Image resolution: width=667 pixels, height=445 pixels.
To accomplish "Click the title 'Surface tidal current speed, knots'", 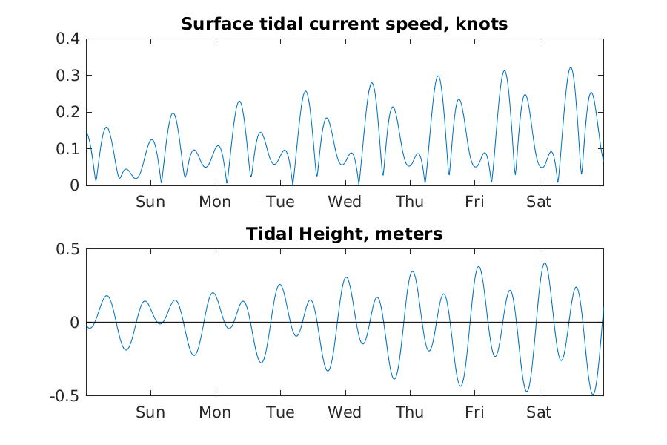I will pos(344,24).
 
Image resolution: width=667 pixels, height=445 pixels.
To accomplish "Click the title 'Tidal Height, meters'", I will pos(344,234).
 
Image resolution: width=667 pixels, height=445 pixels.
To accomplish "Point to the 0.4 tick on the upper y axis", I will pos(67,39).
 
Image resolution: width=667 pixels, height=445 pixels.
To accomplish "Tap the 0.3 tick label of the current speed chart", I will pos(67,76).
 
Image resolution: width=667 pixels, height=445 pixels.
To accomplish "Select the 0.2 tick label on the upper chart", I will pos(67,112).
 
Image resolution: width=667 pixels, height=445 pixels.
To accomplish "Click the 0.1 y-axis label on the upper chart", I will pos(67,149).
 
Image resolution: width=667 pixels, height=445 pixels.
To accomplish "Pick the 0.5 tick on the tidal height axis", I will pos(67,249).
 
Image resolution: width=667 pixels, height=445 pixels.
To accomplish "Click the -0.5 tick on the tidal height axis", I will pos(64,396).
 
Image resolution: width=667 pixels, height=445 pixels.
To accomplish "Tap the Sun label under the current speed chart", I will pos(150,202).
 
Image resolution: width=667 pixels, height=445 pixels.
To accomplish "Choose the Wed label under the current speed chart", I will pos(345,202).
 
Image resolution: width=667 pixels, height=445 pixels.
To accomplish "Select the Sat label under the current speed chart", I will pos(539,202).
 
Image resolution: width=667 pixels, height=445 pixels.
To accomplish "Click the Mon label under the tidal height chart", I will pos(215,412).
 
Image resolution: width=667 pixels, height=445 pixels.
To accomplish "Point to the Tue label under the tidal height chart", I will pos(280,412).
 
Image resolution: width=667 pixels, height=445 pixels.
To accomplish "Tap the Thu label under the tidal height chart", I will pos(410,412).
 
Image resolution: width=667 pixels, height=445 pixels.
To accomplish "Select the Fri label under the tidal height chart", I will pos(474,412).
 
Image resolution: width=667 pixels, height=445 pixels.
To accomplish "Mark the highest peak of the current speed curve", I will pos(571,67).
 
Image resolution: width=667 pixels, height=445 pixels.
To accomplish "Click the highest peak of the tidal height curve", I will pos(545,263).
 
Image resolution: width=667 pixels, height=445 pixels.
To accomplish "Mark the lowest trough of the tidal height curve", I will pos(593,394).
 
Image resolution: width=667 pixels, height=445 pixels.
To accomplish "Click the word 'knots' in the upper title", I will pos(483,24).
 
